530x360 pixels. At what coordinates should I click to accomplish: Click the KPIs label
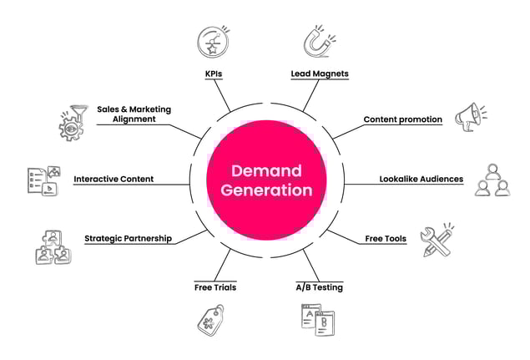213,74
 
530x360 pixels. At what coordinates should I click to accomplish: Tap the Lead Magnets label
319,74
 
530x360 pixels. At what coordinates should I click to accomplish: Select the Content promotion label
402,119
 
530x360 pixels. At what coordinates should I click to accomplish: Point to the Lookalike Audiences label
421,179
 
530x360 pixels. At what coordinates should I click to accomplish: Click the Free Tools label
386,239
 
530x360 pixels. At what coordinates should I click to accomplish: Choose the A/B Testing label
319,287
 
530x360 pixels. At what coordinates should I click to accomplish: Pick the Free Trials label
215,287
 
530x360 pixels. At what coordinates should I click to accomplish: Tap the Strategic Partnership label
128,238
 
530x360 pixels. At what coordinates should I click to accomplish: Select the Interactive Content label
125,179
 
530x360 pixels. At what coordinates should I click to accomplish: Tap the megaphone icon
470,118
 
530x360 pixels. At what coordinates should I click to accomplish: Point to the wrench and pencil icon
438,240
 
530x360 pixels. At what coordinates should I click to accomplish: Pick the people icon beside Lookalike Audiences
492,180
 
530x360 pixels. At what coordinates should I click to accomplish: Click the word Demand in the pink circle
265,170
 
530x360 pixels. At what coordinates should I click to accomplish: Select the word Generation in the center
265,190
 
